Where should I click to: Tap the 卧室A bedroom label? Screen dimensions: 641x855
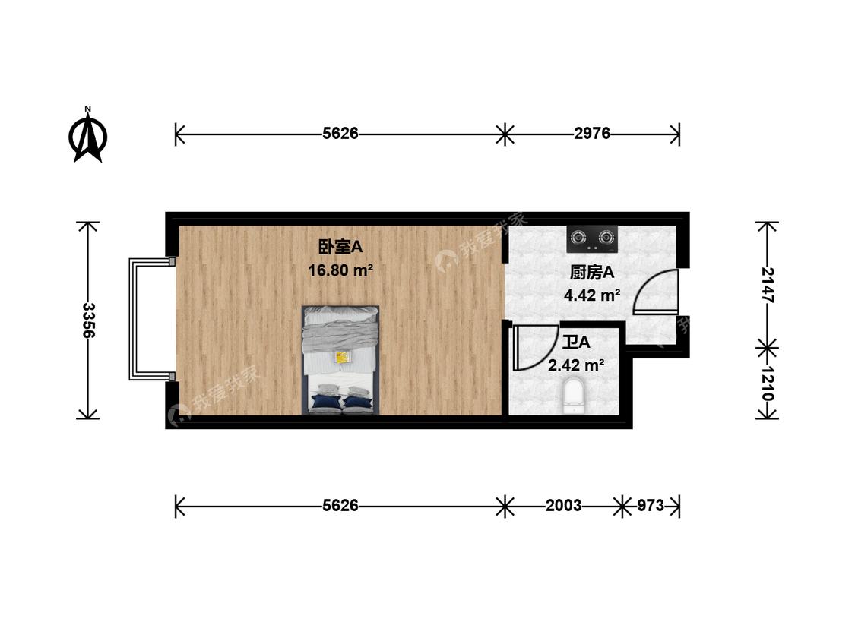tap(340, 247)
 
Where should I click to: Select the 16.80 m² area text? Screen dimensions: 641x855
tap(340, 270)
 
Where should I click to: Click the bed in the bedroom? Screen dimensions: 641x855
tap(340, 360)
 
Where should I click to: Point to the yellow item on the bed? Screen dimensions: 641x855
tap(342, 356)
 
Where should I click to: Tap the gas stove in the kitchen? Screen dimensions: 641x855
tap(592, 239)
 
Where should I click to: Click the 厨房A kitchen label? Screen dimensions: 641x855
tap(591, 273)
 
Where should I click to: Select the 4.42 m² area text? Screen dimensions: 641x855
tap(591, 295)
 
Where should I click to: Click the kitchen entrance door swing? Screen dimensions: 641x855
tap(655, 293)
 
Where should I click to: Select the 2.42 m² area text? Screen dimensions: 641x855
tap(576, 365)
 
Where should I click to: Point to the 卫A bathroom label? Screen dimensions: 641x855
tap(575, 342)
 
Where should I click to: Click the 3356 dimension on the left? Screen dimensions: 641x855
tap(88, 320)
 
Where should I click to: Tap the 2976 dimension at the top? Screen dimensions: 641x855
tap(592, 134)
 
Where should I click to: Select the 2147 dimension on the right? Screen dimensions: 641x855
tap(767, 285)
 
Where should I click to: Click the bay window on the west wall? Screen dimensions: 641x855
tap(150, 319)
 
